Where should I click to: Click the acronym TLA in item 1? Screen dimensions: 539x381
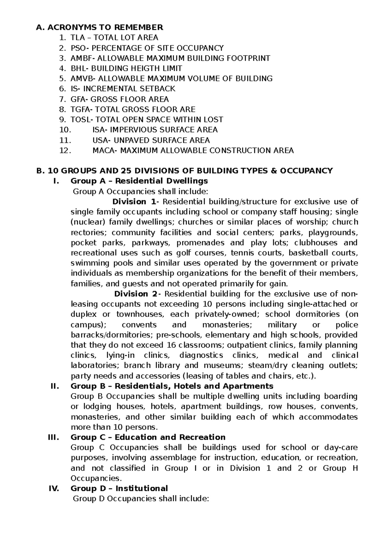tap(77, 38)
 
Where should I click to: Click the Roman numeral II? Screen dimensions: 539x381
tap(55, 386)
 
